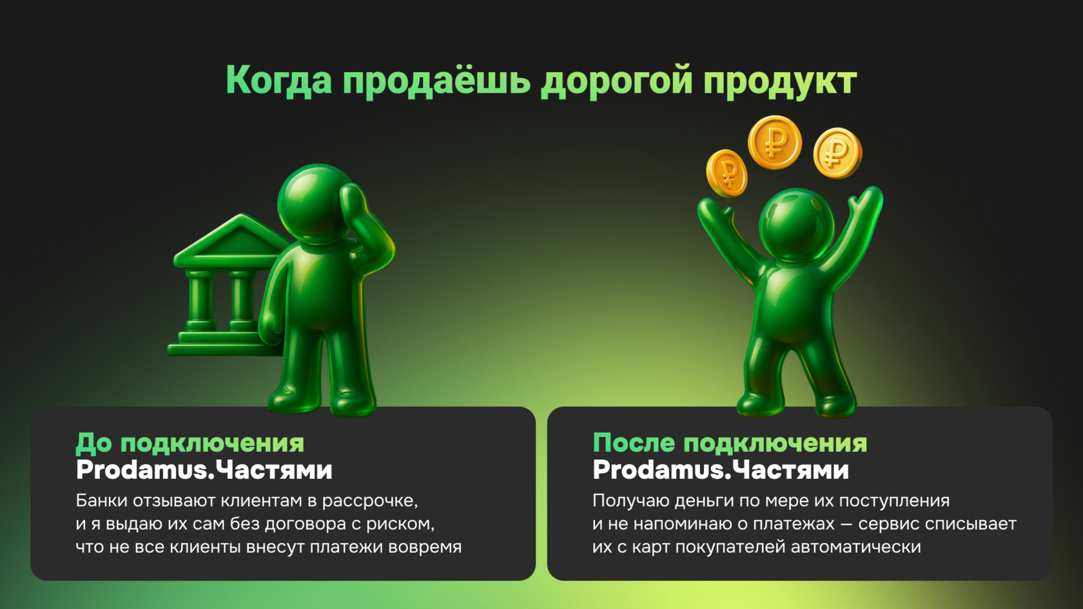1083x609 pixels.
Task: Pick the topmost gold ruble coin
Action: (x=774, y=142)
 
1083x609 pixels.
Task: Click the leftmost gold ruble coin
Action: (x=727, y=172)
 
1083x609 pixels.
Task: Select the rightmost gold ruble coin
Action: (x=837, y=153)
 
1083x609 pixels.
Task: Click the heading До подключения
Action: (x=190, y=443)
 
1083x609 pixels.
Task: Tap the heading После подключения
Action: (x=730, y=443)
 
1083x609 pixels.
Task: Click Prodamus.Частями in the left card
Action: (x=204, y=470)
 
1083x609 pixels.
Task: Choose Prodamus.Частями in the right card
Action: (x=721, y=470)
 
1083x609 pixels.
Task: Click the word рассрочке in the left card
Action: (x=369, y=501)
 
